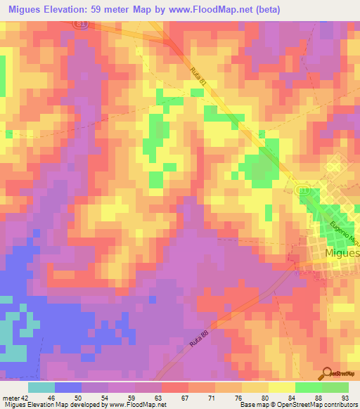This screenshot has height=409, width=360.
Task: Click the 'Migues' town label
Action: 342,252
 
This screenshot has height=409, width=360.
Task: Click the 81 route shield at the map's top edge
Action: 83,23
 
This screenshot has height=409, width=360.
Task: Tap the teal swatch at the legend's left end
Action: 41,387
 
